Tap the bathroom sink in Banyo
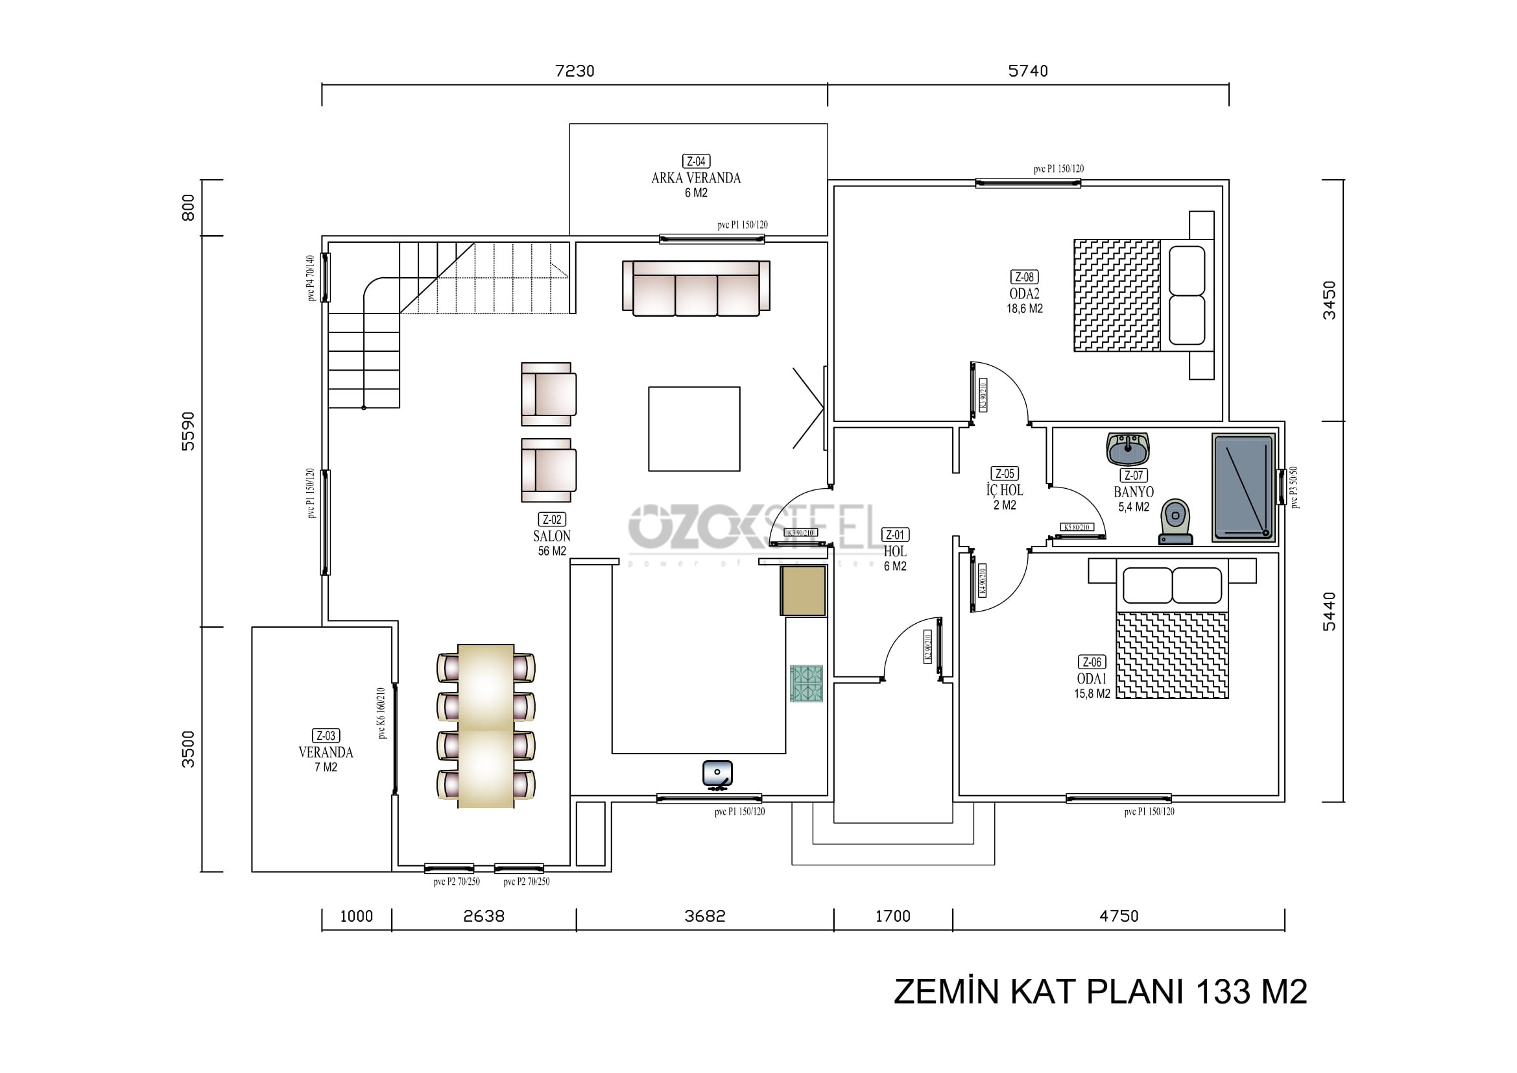point(1128,449)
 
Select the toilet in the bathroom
point(1175,523)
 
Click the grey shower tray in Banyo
point(1243,487)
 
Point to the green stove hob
point(806,683)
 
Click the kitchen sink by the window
point(717,773)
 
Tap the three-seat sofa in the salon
point(696,288)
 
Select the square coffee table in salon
point(694,429)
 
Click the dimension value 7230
point(574,71)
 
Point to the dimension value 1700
point(892,917)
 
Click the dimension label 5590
point(188,431)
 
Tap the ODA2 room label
point(1024,293)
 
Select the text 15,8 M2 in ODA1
point(1092,693)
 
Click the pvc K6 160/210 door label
point(381,713)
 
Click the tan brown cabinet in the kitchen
point(803,591)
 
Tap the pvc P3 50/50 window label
point(1295,487)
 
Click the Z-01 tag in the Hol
point(895,535)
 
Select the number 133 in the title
point(1223,992)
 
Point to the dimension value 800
point(188,208)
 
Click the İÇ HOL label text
point(1004,490)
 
